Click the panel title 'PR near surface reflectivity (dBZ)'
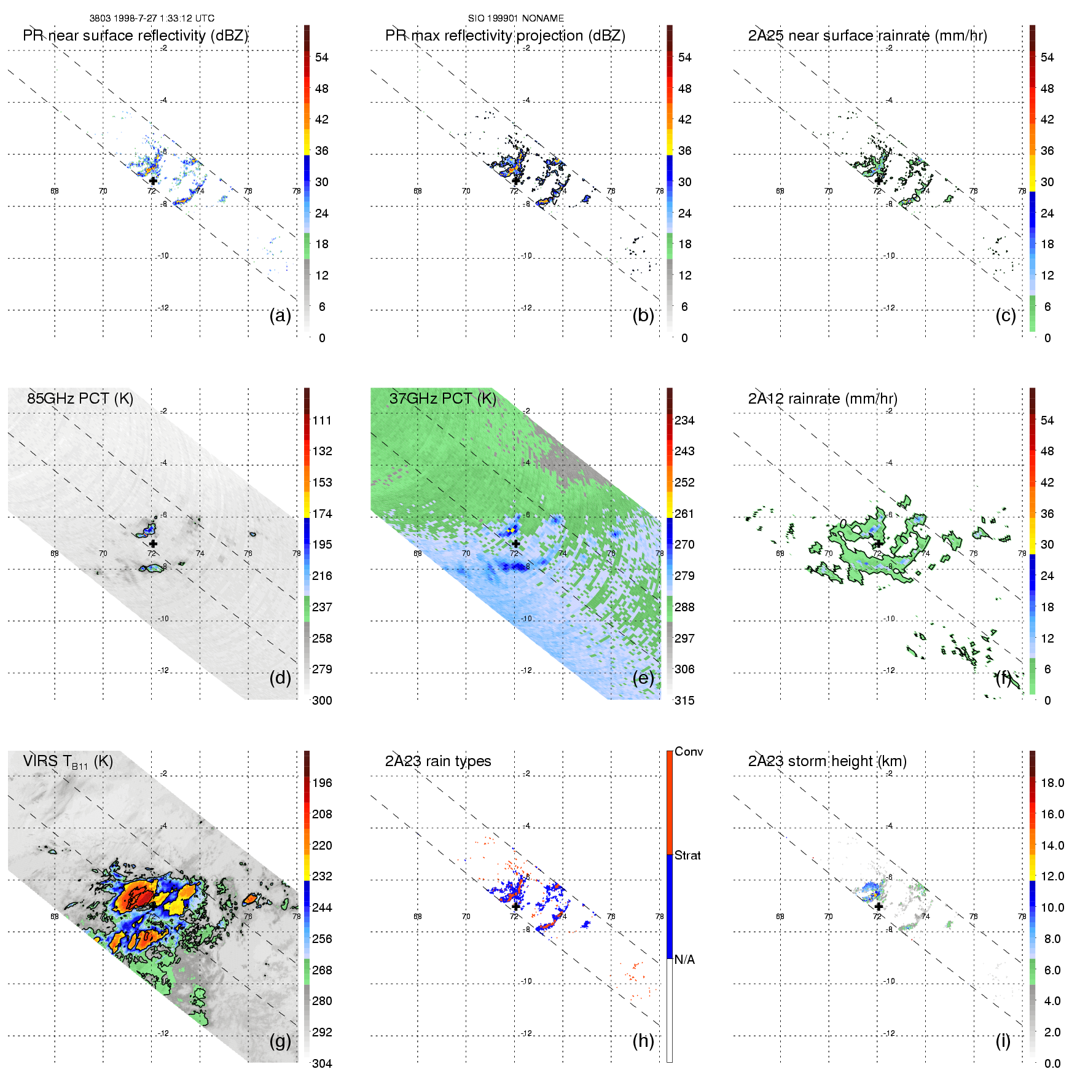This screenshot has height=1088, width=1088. (x=135, y=36)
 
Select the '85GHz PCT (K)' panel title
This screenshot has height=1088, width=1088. (x=80, y=399)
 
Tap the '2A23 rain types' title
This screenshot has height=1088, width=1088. (x=438, y=761)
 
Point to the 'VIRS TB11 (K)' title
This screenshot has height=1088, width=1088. (x=68, y=762)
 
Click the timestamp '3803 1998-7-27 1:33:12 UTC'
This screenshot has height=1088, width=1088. (x=152, y=18)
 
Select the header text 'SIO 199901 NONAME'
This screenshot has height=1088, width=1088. (x=516, y=18)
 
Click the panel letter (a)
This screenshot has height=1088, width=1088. (x=280, y=316)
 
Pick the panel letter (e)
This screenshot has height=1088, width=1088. (x=643, y=678)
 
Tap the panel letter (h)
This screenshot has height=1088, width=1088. (x=643, y=1041)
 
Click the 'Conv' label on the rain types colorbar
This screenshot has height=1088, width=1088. (x=689, y=752)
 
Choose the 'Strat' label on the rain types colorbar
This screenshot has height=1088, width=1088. (x=687, y=856)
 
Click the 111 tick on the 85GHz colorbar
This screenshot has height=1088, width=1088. (x=322, y=421)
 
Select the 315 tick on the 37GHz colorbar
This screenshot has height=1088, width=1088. (x=684, y=701)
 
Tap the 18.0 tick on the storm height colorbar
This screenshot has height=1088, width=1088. (x=1052, y=783)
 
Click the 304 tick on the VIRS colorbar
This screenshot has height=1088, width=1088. (x=322, y=1063)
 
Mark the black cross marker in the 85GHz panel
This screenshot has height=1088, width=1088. (x=153, y=544)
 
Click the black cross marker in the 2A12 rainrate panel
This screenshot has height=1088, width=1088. (x=879, y=544)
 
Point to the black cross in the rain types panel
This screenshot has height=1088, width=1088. (x=516, y=906)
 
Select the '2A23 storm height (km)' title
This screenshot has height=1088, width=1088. (x=828, y=761)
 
